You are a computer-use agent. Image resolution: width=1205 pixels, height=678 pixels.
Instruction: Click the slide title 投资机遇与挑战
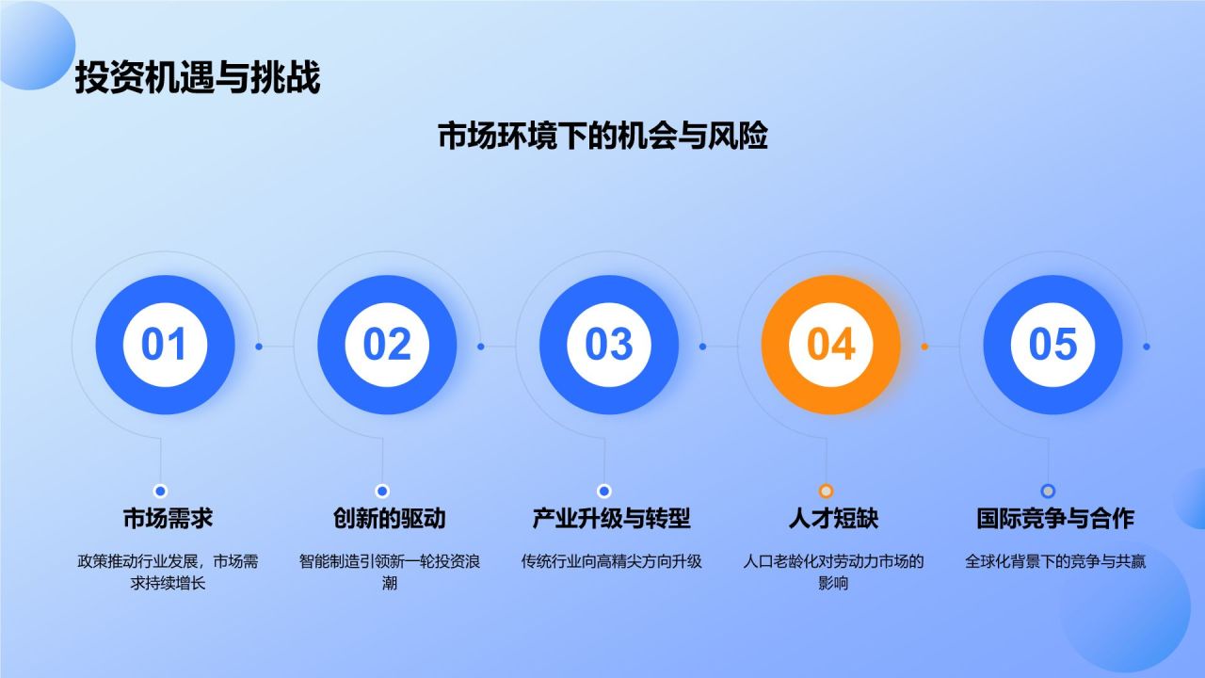pos(197,78)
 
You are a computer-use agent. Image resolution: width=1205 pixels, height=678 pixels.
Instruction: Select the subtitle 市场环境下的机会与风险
pos(602,137)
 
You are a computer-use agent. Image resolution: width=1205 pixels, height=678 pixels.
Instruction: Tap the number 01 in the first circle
pos(165,346)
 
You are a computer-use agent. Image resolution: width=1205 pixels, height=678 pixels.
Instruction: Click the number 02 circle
pos(387,346)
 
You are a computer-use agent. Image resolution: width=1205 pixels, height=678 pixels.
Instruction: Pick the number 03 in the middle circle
pos(609,346)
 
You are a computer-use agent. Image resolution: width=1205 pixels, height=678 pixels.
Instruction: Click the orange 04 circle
pos(830,346)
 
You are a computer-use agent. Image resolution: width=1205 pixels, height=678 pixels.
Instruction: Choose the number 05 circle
pos(1052,346)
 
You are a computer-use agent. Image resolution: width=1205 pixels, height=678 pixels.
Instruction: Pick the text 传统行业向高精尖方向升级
pos(611,562)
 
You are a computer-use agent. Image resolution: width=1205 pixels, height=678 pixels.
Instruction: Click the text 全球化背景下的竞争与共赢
pos(1054,562)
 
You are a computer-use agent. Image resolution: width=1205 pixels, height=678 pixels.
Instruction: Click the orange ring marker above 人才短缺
pos(826,491)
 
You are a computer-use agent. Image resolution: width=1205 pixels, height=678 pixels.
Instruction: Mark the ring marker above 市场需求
pos(160,491)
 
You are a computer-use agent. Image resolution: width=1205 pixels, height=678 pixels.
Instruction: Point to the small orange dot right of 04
pos(924,347)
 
